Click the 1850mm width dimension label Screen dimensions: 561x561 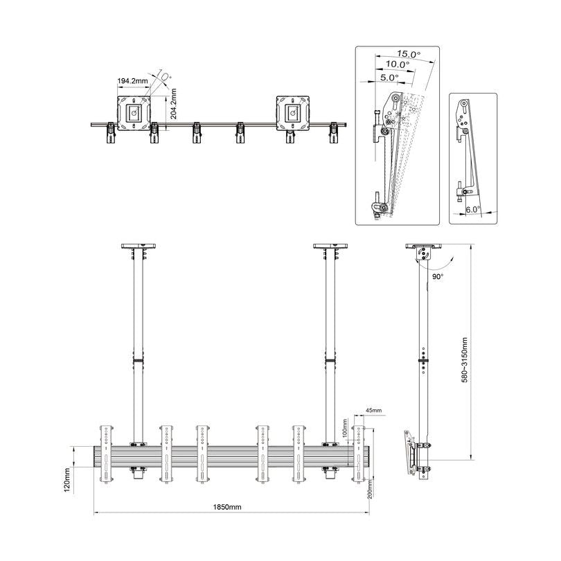[227, 508]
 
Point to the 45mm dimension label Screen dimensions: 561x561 [373, 411]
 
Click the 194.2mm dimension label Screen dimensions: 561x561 [132, 81]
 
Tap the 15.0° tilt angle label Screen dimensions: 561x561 [409, 54]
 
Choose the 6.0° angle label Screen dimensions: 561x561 [473, 208]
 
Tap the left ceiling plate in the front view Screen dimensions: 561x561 [139, 246]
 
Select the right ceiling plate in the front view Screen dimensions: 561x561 [332, 246]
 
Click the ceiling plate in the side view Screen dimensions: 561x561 [422, 246]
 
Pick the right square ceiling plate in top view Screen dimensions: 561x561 [294, 112]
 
